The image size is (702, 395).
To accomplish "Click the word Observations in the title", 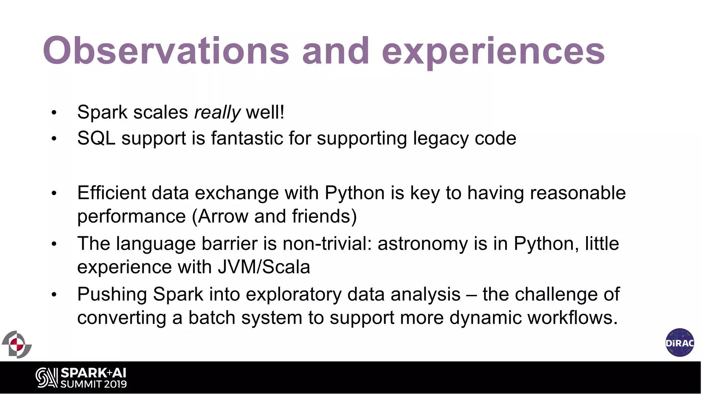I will pyautogui.click(x=166, y=51).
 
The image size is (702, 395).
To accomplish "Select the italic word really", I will pyautogui.click(x=217, y=112).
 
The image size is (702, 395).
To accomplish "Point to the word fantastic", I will pyautogui.click(x=247, y=139).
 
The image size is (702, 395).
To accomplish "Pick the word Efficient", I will pyautogui.click(x=112, y=193).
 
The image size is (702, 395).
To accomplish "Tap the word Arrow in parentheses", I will pyautogui.click(x=223, y=216).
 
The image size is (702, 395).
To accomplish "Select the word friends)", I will pyautogui.click(x=324, y=216).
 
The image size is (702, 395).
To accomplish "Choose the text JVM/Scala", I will pyautogui.click(x=264, y=267).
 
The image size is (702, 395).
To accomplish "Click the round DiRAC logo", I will pyautogui.click(x=680, y=343).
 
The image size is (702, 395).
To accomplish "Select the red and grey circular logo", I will pyautogui.click(x=16, y=344).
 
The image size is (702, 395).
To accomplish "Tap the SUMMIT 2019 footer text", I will pyautogui.click(x=94, y=384).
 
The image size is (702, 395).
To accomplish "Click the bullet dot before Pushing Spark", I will pyautogui.click(x=54, y=295).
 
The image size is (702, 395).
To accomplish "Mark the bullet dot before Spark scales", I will pyautogui.click(x=54, y=113).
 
